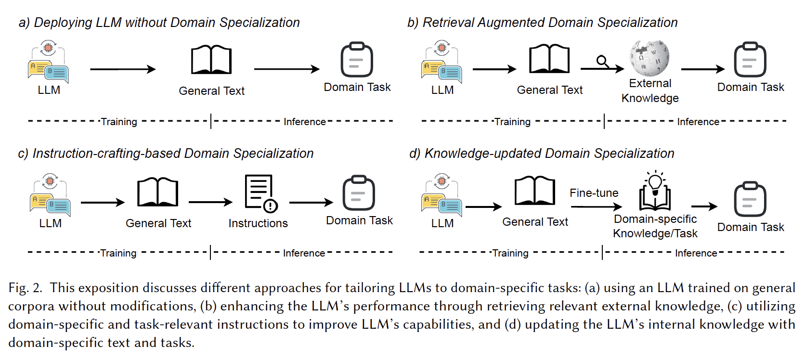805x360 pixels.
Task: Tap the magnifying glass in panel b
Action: point(603,62)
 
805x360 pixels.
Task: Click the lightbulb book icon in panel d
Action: point(655,191)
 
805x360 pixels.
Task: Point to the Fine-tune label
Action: point(594,193)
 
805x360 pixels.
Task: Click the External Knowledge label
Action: point(650,90)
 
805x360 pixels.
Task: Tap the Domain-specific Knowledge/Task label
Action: point(655,226)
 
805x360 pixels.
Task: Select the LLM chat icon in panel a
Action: point(48,62)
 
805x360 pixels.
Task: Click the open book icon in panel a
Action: point(211,60)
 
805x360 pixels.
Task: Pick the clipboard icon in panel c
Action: point(359,193)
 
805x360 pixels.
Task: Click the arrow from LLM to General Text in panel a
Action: point(123,69)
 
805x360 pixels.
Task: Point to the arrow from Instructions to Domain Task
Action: point(311,203)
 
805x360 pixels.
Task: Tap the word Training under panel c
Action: point(118,253)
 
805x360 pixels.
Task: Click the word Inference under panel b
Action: point(698,122)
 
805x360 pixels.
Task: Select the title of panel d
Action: point(542,154)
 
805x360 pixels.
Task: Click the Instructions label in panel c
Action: point(258,223)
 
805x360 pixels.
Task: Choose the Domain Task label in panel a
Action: point(357,87)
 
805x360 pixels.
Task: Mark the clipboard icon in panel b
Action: point(750,60)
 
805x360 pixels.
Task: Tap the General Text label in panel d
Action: point(535,222)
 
